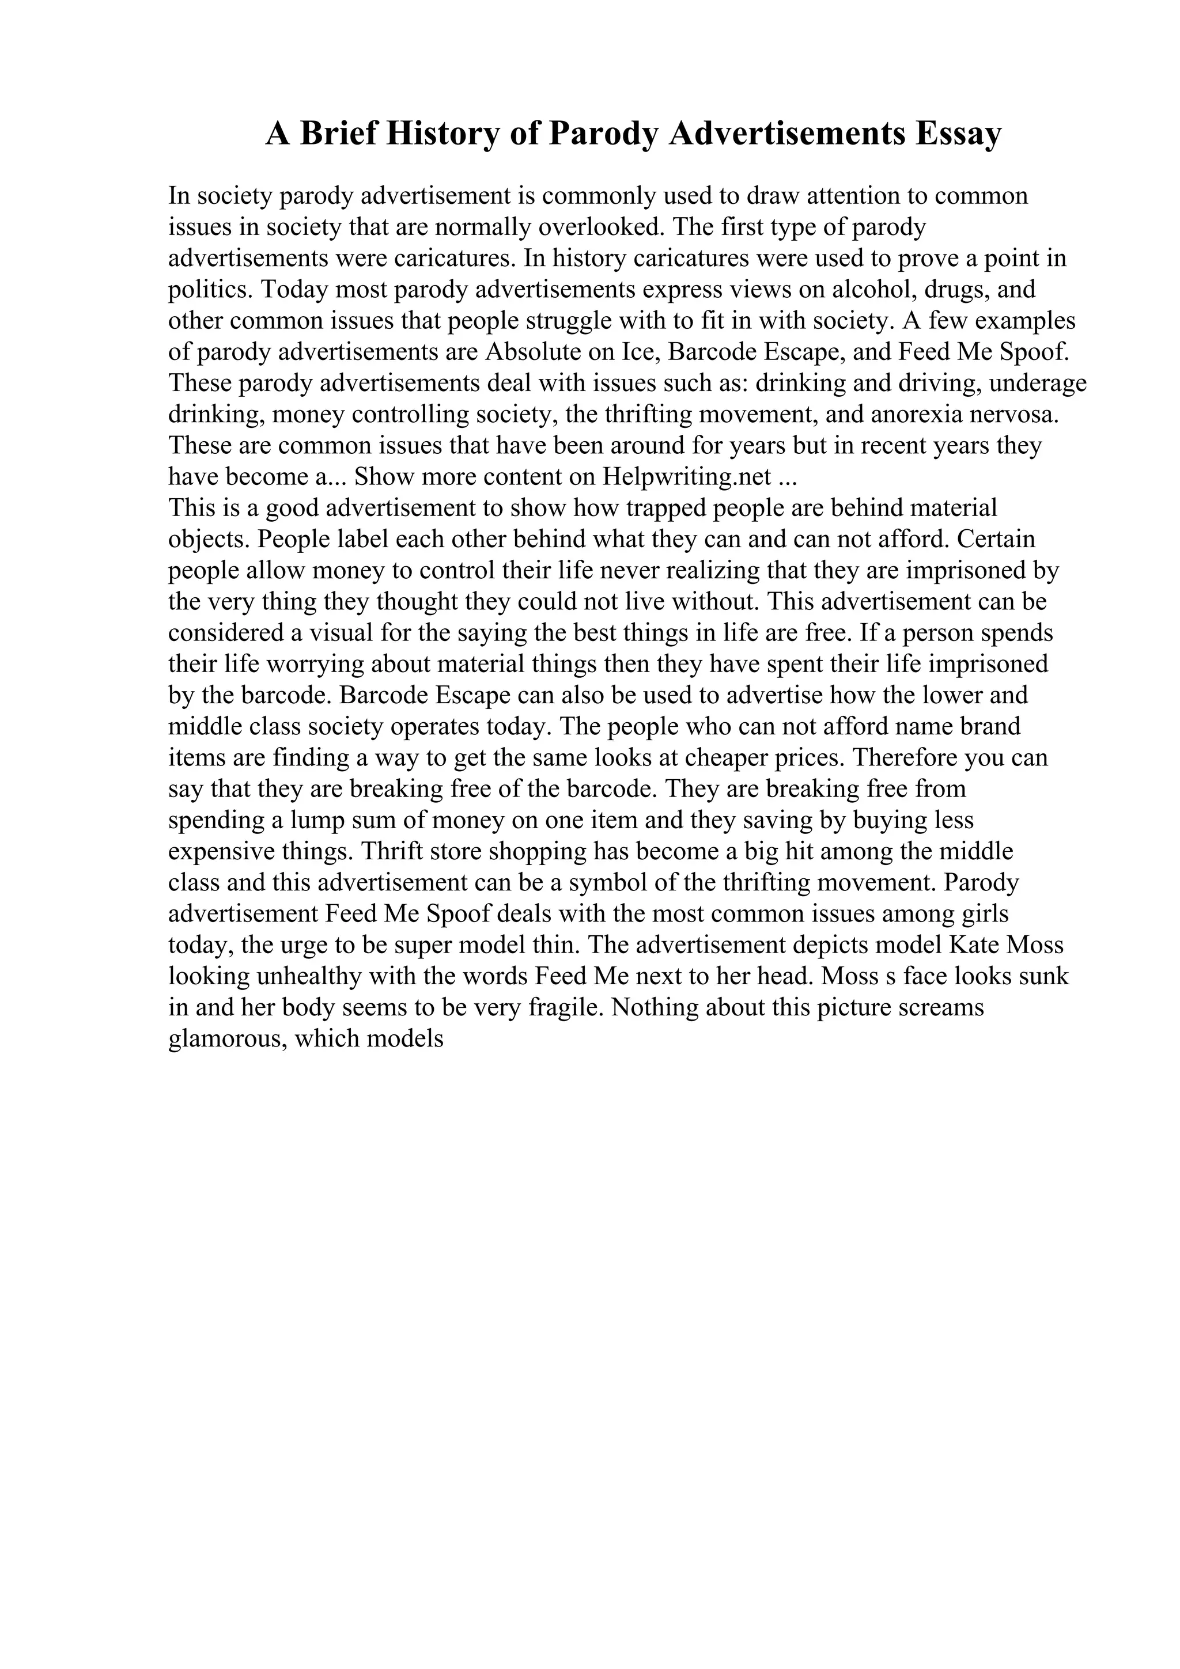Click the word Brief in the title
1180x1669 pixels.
338,134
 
